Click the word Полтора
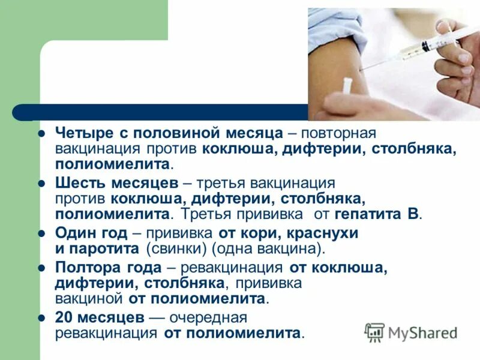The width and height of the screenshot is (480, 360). (83, 268)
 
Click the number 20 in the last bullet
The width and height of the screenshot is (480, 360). (64, 317)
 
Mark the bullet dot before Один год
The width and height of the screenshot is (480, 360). (42, 233)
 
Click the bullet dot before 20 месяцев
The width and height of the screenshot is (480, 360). (42, 317)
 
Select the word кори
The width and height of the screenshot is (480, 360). (248, 233)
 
